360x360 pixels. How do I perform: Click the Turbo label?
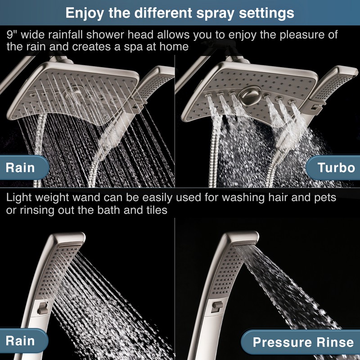tap(336, 168)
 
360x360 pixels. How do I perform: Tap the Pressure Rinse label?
tap(303, 342)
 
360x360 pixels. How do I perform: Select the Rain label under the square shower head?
tap(20, 168)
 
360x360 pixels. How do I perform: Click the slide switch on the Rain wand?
tap(43, 309)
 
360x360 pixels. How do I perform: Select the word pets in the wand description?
tap(323, 198)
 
